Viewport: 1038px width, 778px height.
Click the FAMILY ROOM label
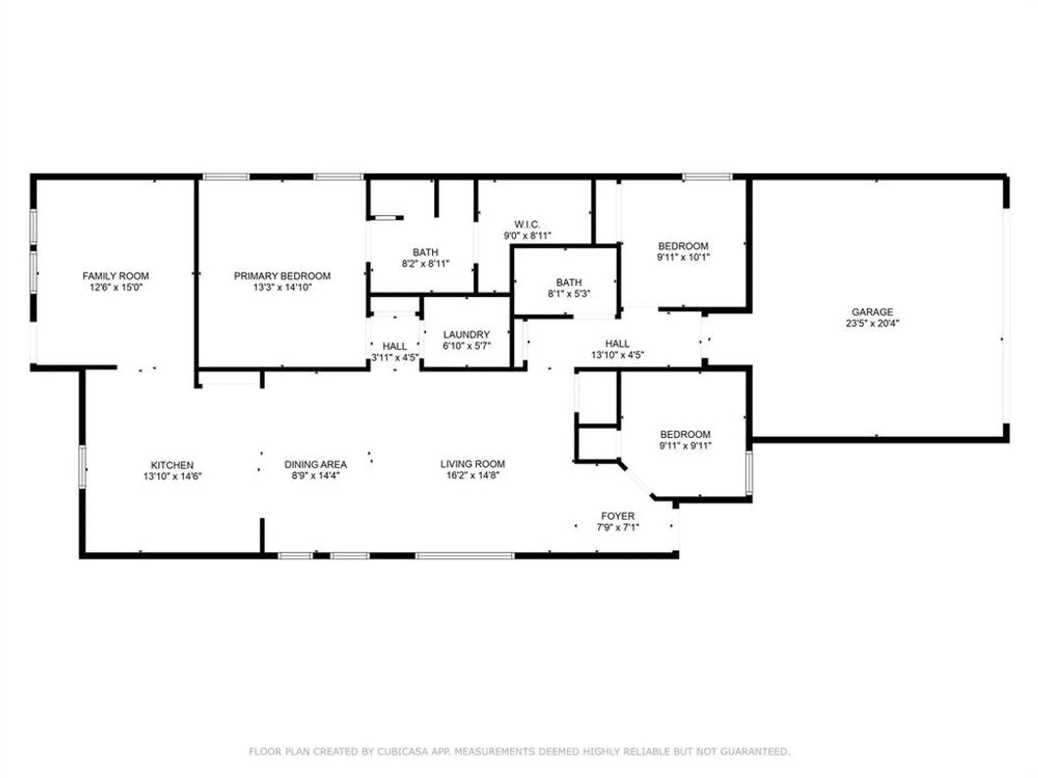115,276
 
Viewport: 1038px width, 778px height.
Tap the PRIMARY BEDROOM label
282,276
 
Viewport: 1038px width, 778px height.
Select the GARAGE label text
872,312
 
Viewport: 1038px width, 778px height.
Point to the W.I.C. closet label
527,225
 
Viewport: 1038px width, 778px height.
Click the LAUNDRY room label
466,335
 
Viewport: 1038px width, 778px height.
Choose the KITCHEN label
172,465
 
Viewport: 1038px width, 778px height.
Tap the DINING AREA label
315,464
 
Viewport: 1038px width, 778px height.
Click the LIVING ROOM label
472,464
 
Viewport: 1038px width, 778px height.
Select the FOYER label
618,516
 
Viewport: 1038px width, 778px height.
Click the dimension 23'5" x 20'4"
872,323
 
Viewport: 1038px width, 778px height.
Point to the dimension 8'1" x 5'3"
569,294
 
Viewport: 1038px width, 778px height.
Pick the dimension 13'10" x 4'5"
617,355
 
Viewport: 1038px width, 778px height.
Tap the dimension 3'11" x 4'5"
394,357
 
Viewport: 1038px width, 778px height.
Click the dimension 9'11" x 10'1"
683,257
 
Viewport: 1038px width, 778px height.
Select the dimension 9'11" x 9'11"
685,446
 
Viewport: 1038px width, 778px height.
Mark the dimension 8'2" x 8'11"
425,263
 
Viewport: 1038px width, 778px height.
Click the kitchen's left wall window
82,466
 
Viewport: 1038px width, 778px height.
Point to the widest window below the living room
465,555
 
